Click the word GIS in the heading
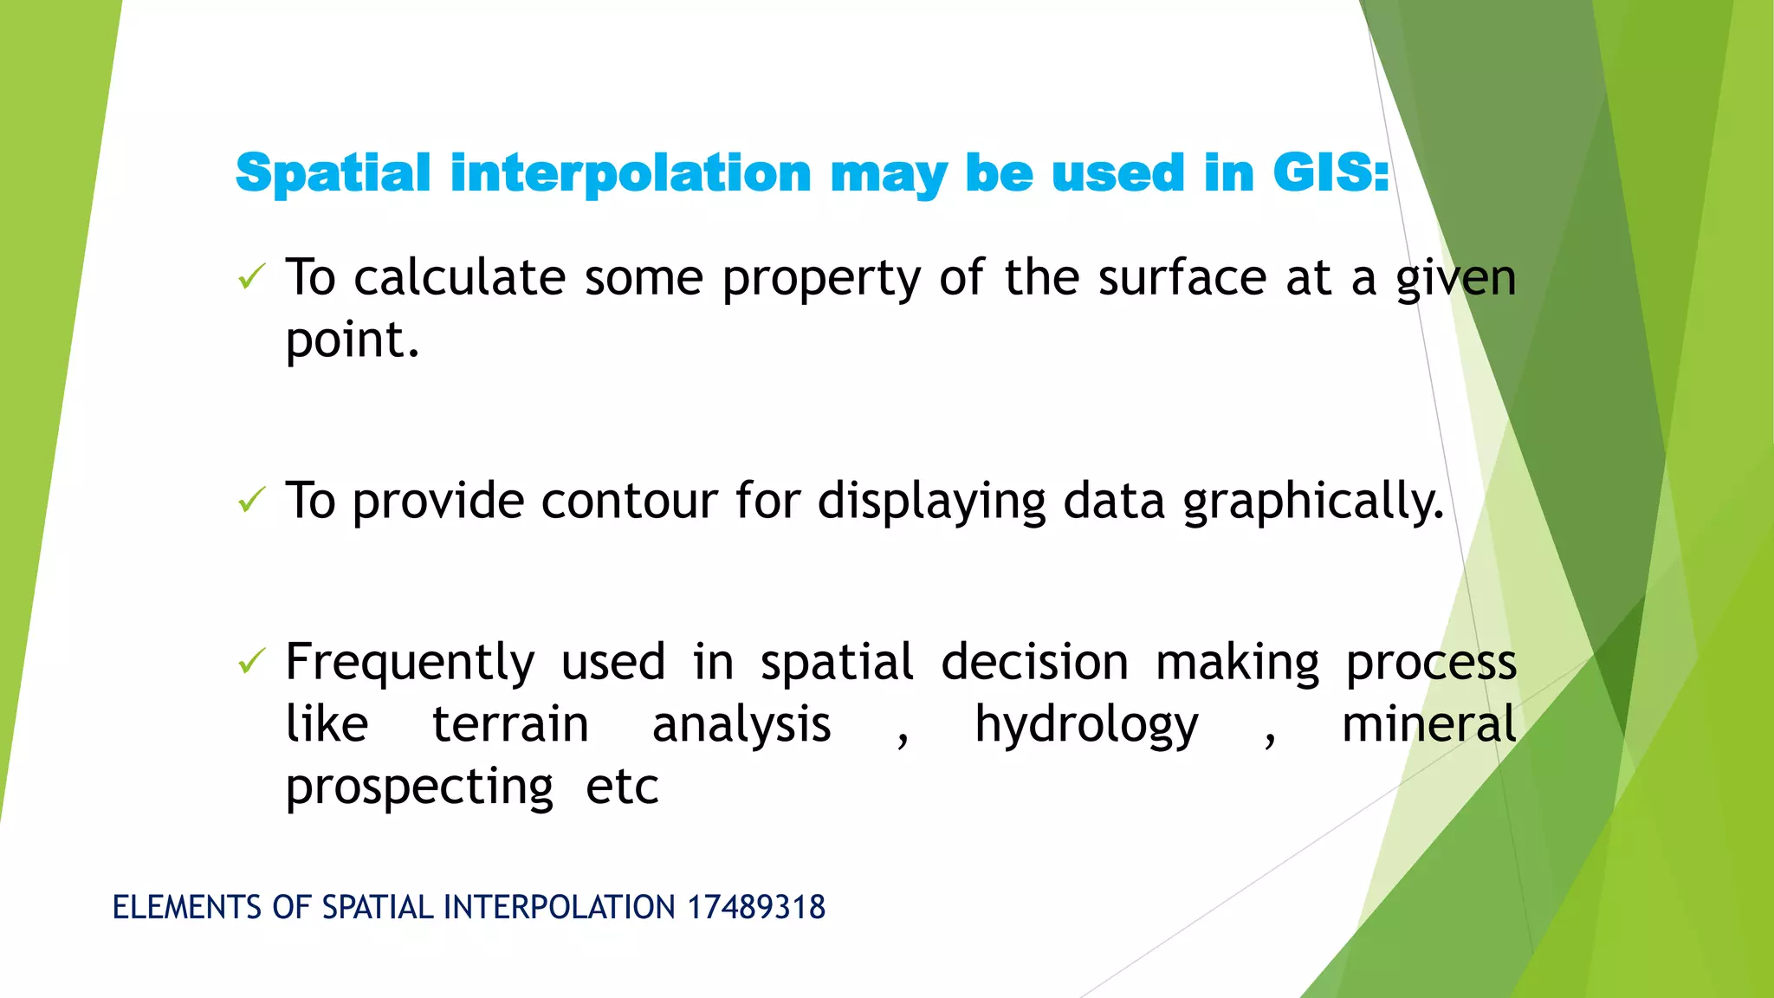[1330, 172]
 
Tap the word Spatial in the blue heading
[333, 172]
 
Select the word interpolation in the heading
[631, 172]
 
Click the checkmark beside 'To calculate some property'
[250, 277]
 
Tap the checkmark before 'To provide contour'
[250, 500]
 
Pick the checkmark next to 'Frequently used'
[250, 662]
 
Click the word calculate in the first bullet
[459, 278]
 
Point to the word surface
[1182, 278]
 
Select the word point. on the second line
[352, 340]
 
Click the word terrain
[510, 724]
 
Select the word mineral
[1428, 724]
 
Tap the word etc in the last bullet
[622, 787]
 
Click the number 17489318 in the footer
[756, 907]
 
